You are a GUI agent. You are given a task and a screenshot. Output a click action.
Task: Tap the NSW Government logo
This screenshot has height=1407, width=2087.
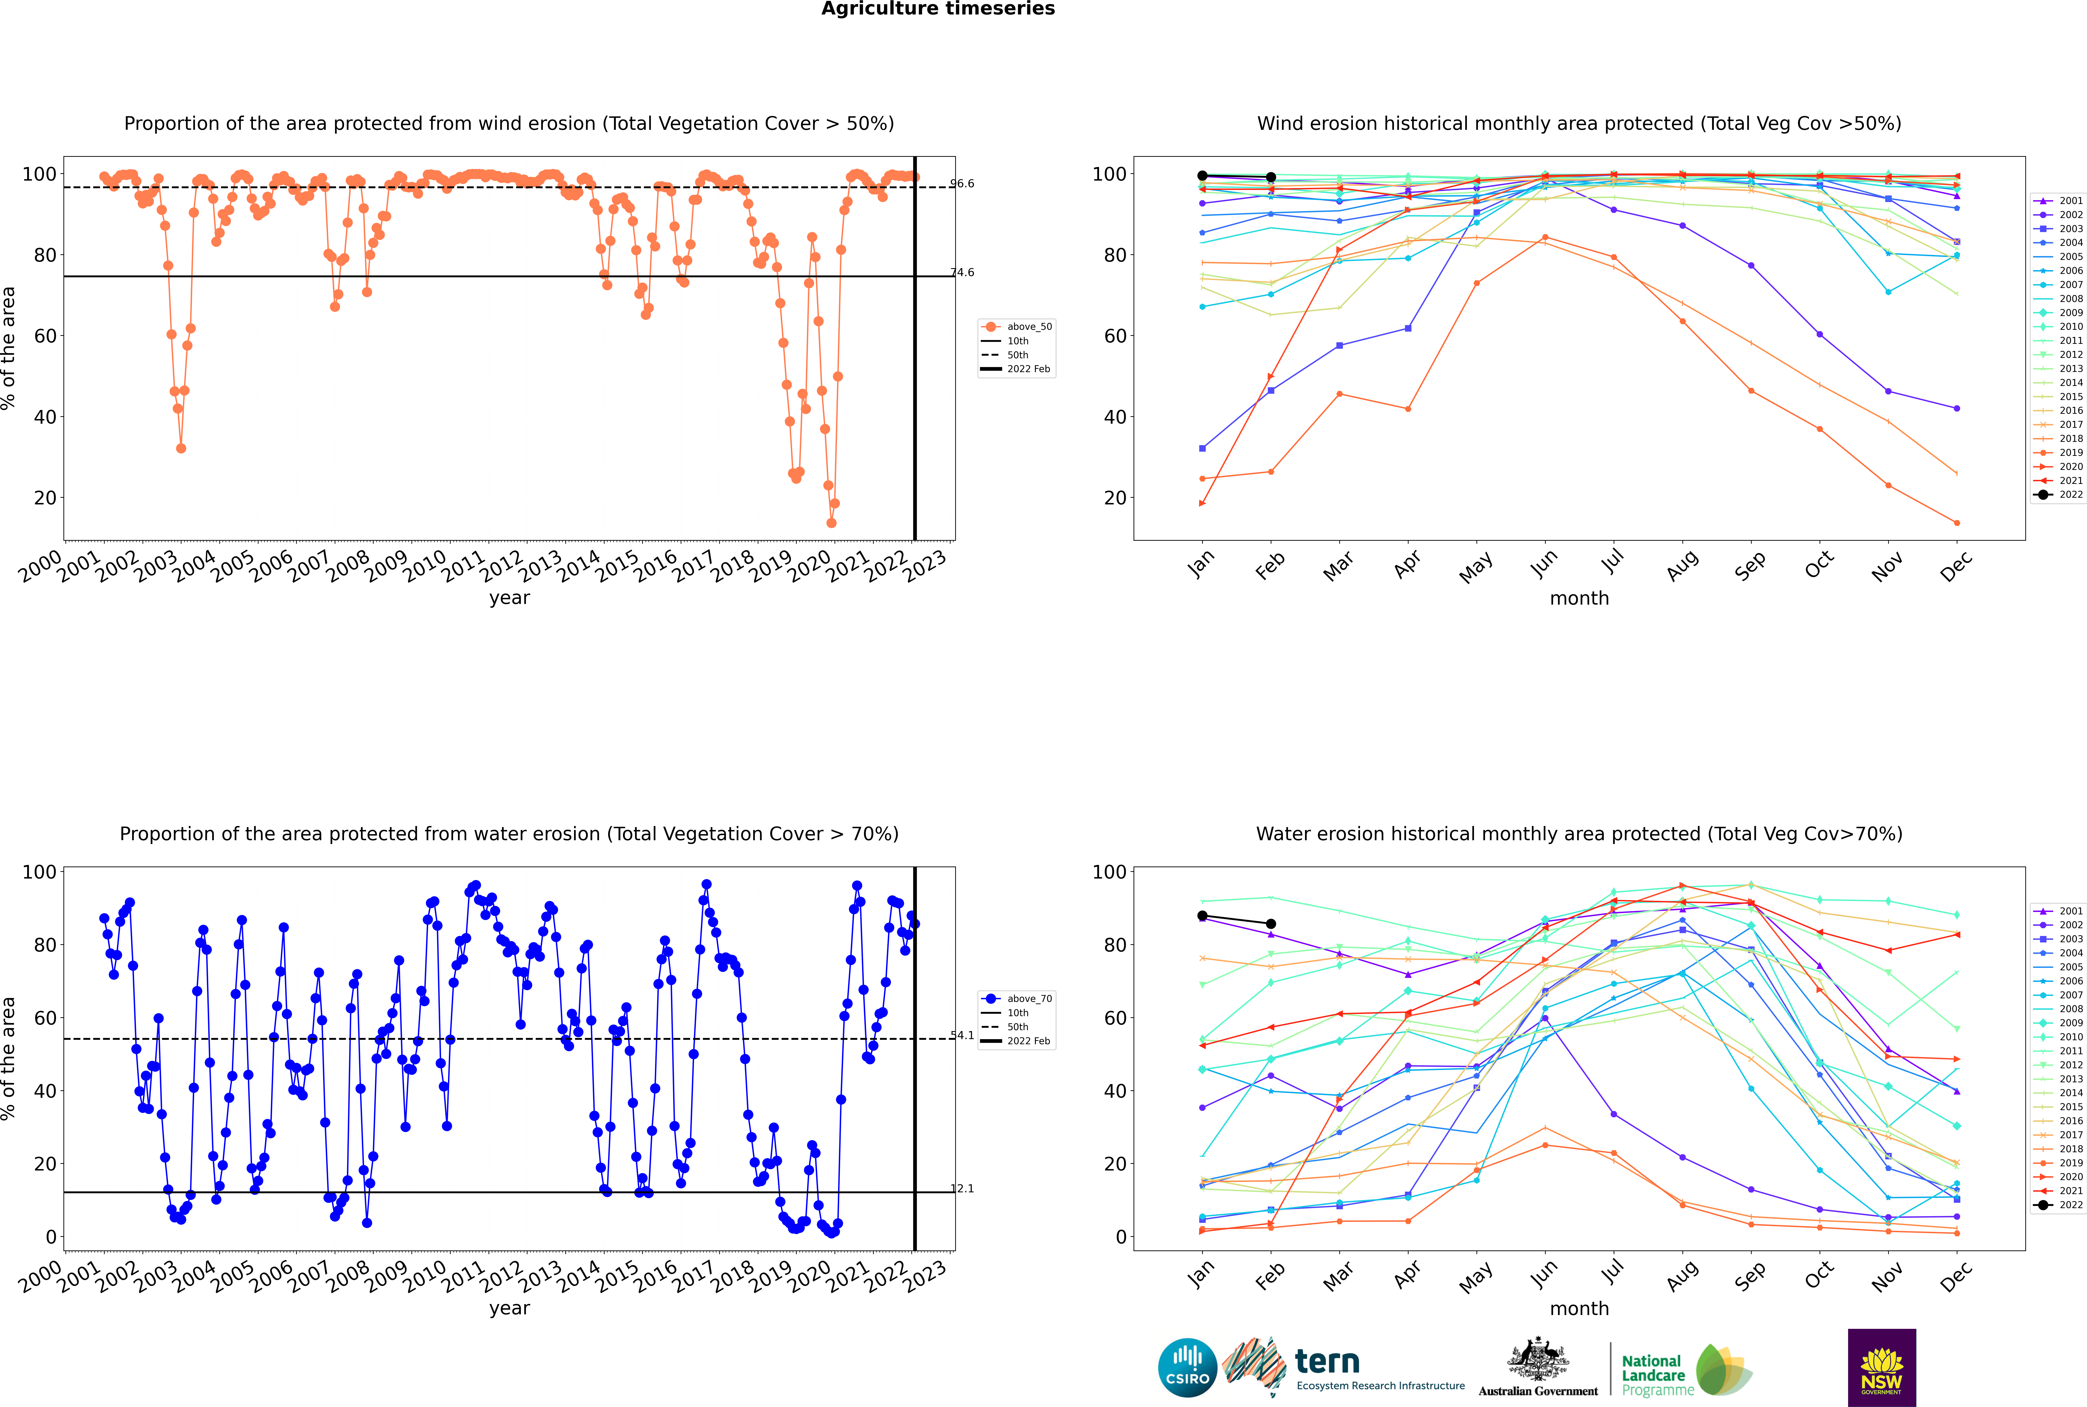[x=1881, y=1367]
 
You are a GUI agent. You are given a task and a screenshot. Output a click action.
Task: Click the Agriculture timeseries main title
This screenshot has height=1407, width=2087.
[x=938, y=9]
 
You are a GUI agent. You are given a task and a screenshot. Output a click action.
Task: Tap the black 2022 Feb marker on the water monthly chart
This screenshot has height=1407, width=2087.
[x=1271, y=923]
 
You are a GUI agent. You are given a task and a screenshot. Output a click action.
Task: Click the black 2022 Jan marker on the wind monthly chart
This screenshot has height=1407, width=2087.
[x=1202, y=176]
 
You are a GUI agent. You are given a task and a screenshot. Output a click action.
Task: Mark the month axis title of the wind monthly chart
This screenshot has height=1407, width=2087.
[x=1579, y=599]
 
